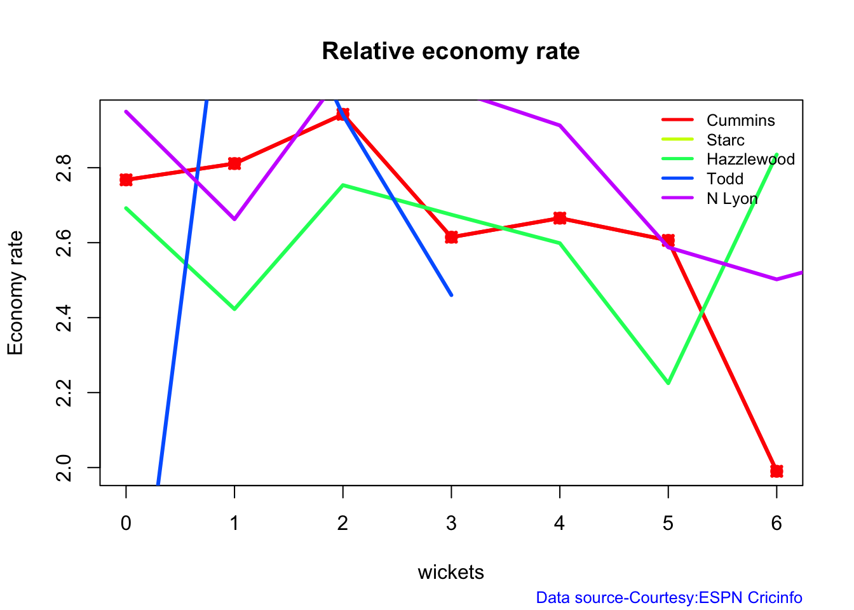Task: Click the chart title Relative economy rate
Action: pyautogui.click(x=451, y=51)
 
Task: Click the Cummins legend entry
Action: pyautogui.click(x=740, y=121)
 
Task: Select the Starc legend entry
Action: pyautogui.click(x=725, y=140)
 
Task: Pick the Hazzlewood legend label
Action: pyautogui.click(x=750, y=159)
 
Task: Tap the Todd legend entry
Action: pyautogui.click(x=724, y=179)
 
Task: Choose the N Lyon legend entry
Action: pyautogui.click(x=732, y=199)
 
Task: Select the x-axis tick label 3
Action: pyautogui.click(x=451, y=524)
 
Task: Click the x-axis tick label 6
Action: pyautogui.click(x=776, y=524)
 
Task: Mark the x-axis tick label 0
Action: pyautogui.click(x=126, y=524)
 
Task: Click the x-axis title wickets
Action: pyautogui.click(x=451, y=573)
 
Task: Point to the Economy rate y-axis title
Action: pyautogui.click(x=15, y=293)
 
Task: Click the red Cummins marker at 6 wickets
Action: pyautogui.click(x=776, y=471)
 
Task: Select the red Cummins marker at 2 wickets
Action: pyautogui.click(x=343, y=114)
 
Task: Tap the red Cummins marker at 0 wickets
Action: pyautogui.click(x=126, y=180)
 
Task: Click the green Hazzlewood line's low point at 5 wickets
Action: pyautogui.click(x=668, y=383)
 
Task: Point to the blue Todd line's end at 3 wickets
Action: pyautogui.click(x=451, y=295)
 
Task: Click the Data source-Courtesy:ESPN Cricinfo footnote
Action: pyautogui.click(x=669, y=598)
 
